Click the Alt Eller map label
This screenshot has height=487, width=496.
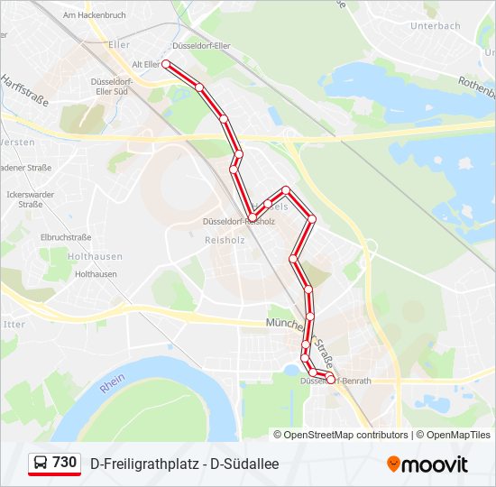[x=145, y=64]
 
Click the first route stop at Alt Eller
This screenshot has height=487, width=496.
[x=166, y=64]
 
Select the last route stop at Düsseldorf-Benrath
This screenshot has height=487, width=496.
[x=330, y=380]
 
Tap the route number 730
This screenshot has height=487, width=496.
[x=65, y=463]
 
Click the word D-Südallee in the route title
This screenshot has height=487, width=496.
[x=244, y=464]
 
